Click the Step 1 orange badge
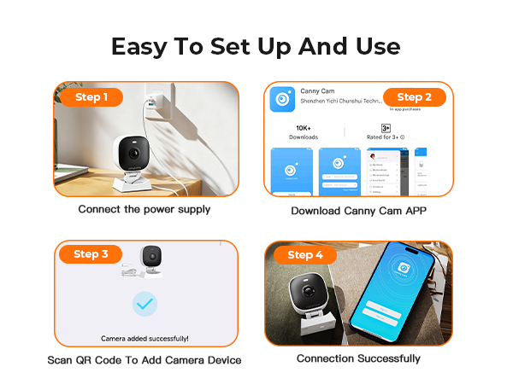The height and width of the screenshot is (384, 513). click(x=91, y=97)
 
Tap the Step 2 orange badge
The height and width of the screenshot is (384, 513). click(x=415, y=97)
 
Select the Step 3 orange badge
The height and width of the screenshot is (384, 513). click(x=91, y=254)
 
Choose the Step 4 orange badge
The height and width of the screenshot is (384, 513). click(x=306, y=254)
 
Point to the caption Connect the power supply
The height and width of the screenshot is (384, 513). click(x=144, y=209)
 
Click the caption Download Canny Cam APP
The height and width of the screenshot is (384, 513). click(x=359, y=211)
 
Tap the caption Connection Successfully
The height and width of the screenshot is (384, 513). click(x=358, y=358)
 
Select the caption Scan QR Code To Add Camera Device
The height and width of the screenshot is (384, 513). click(x=144, y=360)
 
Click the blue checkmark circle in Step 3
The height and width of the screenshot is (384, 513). click(x=144, y=304)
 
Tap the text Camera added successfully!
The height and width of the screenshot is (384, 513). click(x=144, y=338)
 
